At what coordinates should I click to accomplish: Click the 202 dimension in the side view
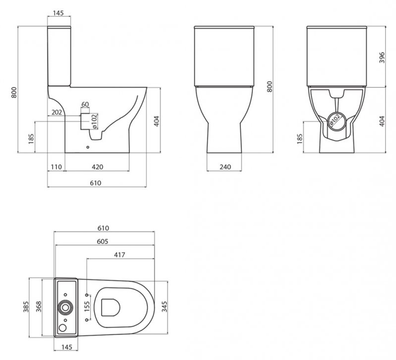tap(57, 112)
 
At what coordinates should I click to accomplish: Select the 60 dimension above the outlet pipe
tap(85, 104)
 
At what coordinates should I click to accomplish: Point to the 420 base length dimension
tap(97, 167)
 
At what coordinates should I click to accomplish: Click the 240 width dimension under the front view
tap(225, 167)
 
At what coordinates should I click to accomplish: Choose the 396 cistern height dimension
tap(382, 57)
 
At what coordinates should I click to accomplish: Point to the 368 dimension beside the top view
tap(38, 308)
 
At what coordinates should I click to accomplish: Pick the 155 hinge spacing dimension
tap(88, 307)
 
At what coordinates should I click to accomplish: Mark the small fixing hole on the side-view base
tap(88, 148)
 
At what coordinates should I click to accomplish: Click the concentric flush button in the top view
tap(65, 307)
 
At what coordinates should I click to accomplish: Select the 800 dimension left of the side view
tap(14, 92)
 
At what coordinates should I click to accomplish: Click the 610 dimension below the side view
tap(95, 183)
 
